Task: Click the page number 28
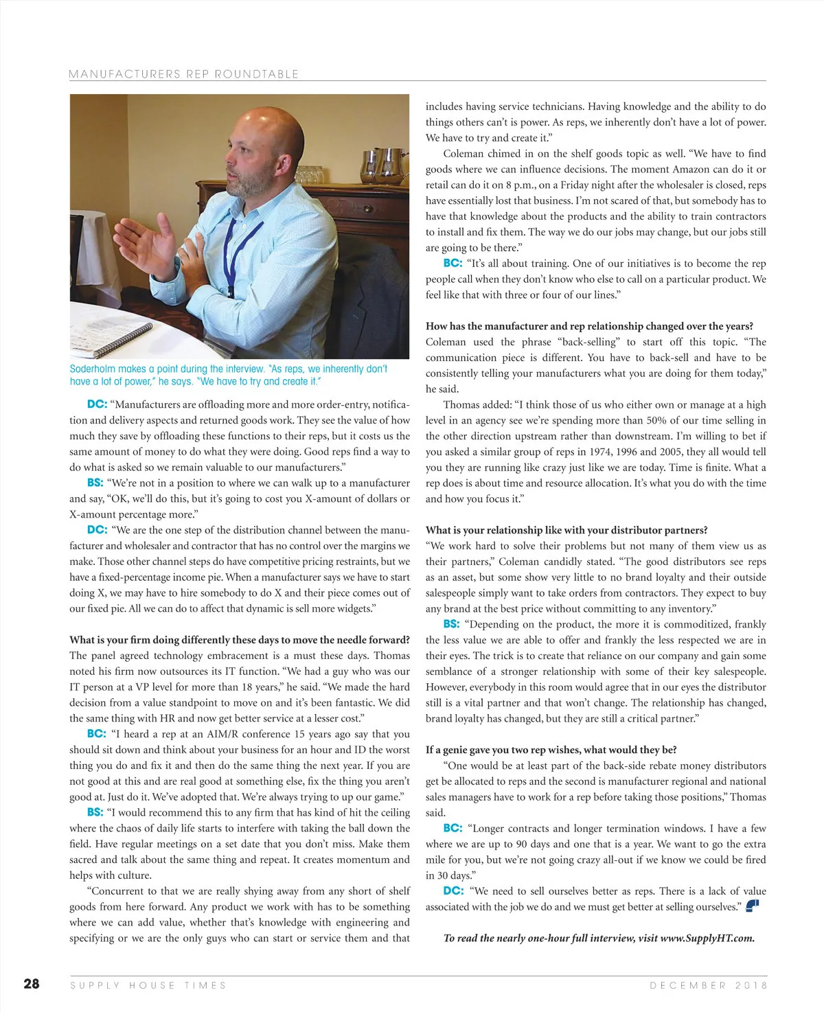32,984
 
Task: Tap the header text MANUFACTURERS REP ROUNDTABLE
184,74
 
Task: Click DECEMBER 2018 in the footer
709,985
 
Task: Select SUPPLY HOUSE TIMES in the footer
148,985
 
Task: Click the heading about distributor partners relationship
566,530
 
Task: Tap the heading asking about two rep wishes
551,750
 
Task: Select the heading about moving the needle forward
239,640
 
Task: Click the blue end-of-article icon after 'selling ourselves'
752,906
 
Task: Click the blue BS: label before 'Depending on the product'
451,624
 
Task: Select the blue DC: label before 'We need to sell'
453,890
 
